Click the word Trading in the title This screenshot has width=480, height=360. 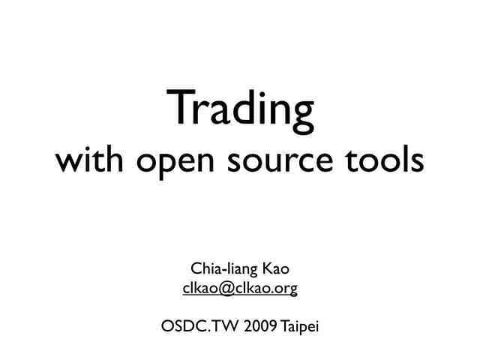pos(240,109)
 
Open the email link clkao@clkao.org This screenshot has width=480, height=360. pos(240,287)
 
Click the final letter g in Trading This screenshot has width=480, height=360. pos(300,114)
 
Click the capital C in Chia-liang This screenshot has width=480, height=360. pos(196,267)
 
